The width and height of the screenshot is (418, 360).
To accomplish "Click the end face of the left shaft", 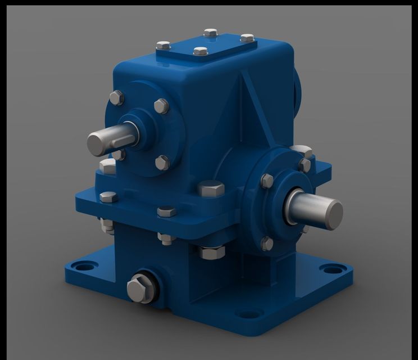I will point(97,144).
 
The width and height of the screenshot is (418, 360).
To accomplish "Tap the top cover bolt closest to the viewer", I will point(201,51).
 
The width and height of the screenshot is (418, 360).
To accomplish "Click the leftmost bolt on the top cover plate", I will point(163,45).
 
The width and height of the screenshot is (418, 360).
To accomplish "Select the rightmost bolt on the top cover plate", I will point(247,38).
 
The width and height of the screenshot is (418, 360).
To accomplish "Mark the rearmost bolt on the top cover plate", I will point(210,33).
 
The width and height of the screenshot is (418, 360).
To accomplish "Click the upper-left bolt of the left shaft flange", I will point(116,98).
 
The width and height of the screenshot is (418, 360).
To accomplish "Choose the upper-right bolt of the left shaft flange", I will point(161,106).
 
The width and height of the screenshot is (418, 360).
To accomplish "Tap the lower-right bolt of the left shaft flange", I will point(162,163).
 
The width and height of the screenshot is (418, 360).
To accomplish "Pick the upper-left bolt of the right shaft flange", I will point(267,181).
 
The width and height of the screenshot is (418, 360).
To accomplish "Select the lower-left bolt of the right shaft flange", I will point(267,244).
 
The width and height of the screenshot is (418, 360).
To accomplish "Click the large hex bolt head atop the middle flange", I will point(211,188).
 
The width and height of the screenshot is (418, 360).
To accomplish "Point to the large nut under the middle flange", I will point(211,251).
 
